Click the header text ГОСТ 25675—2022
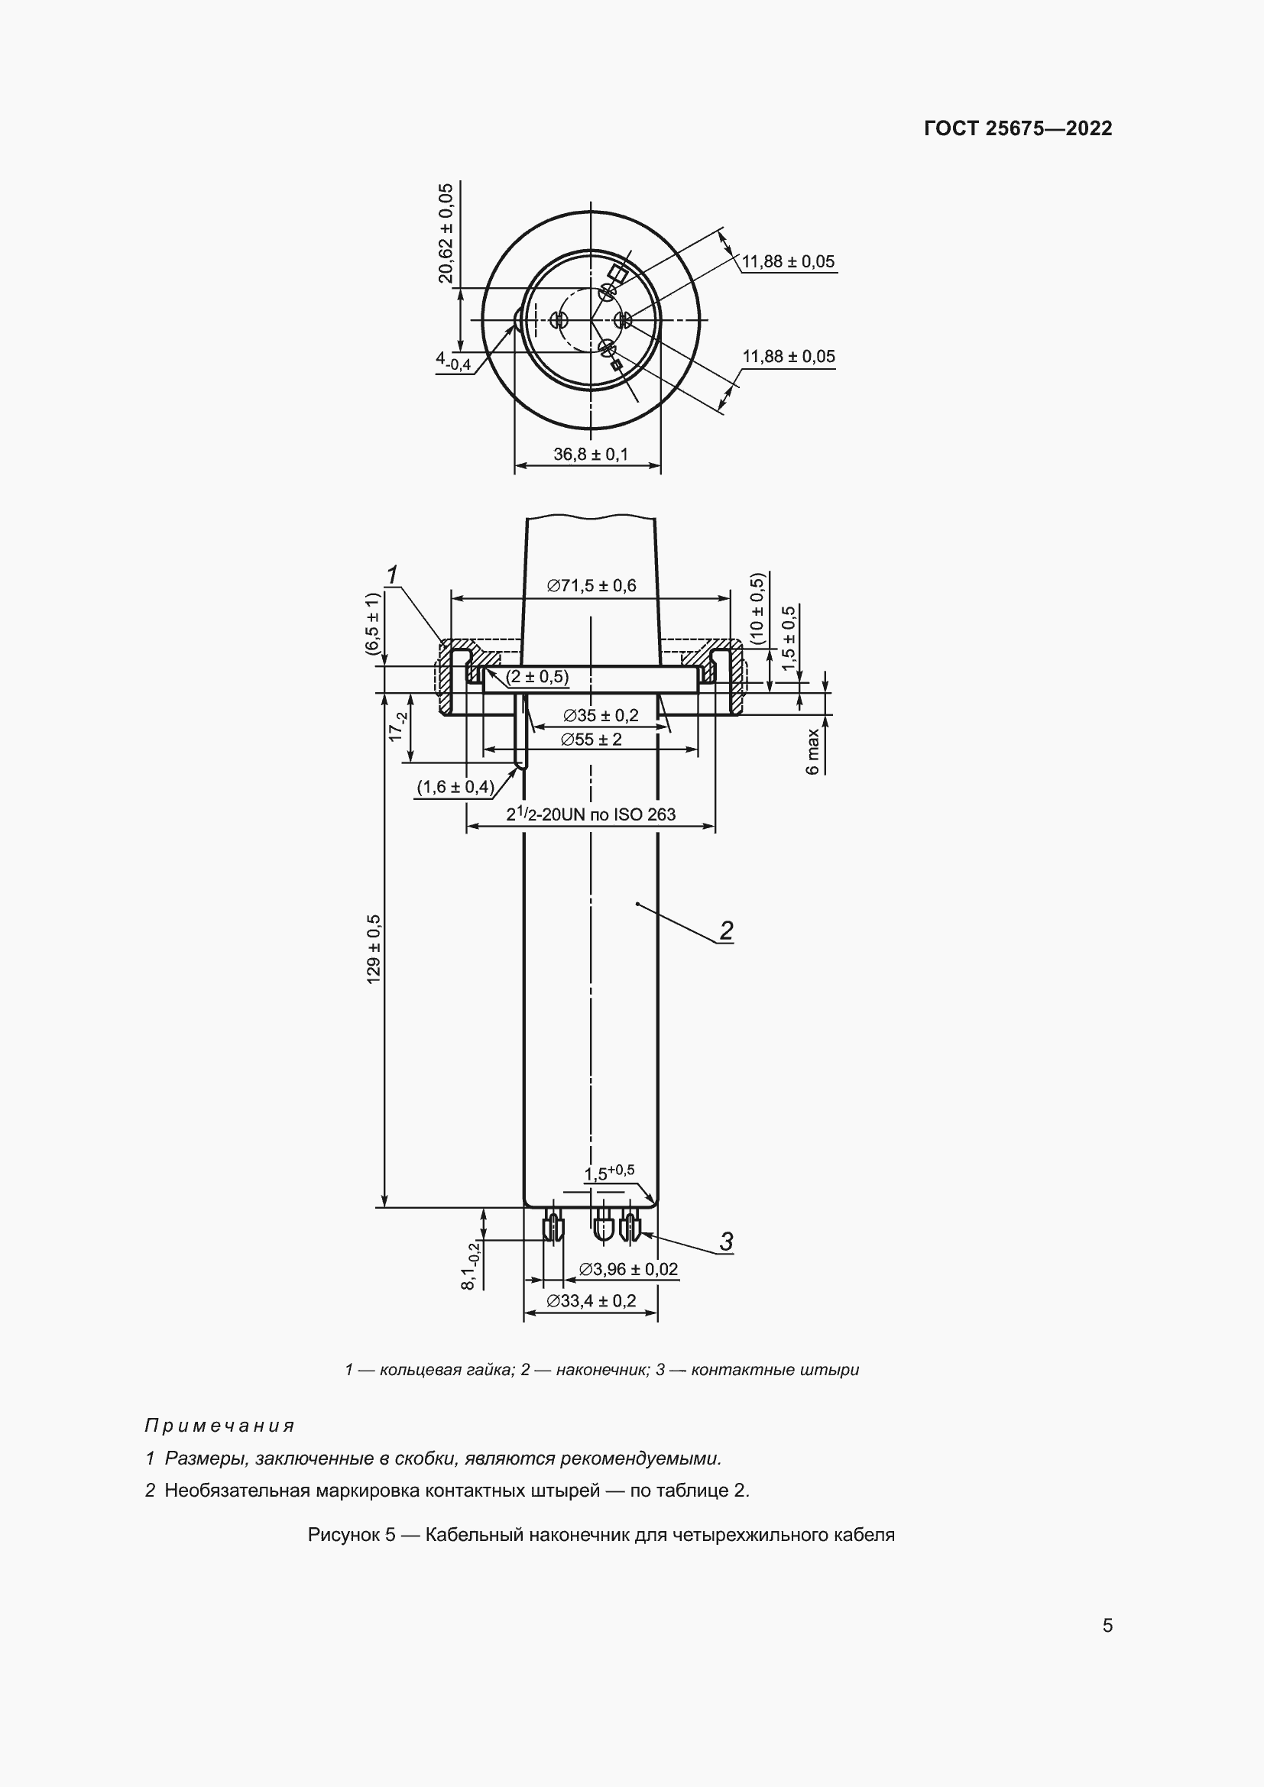1017,128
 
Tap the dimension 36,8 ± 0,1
590,454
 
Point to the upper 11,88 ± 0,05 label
788,261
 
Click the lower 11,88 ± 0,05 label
788,357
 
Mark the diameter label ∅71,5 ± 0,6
591,585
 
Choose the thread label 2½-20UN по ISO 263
591,814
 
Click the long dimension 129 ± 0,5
374,949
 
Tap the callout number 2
726,931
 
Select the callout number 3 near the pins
726,1242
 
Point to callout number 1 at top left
392,575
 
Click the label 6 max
813,751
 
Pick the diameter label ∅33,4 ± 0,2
591,1300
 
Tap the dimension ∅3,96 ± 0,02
628,1270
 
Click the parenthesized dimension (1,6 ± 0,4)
455,787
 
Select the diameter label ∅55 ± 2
591,739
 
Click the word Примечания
219,1426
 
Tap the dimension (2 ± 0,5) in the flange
537,677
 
